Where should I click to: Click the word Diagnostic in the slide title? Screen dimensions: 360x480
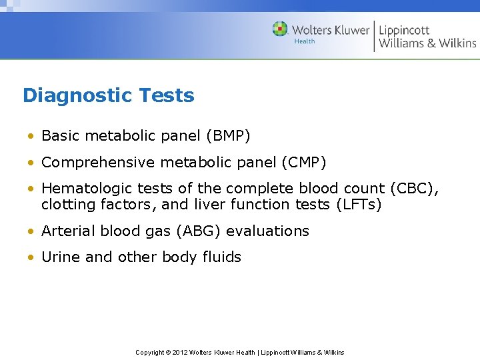tap(69, 96)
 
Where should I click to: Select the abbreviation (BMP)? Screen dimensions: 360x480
tap(228, 137)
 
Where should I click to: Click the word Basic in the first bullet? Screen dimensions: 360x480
tap(60, 137)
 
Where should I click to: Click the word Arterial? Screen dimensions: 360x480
tap(69, 231)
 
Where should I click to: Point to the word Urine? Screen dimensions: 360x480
tap(61, 257)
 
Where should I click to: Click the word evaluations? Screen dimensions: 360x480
tap(267, 231)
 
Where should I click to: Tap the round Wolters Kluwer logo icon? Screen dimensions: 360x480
tap(280, 29)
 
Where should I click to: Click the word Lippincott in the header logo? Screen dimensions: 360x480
tap(404, 30)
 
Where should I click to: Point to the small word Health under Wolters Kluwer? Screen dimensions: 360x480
tap(305, 41)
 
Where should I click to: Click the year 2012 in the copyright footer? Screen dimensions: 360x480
tap(179, 352)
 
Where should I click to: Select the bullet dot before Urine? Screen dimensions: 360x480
tap(31, 258)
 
